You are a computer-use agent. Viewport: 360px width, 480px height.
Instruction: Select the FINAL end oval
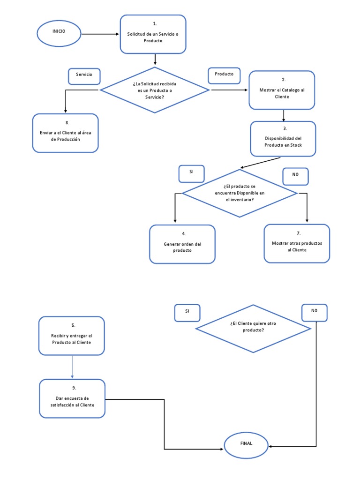246,443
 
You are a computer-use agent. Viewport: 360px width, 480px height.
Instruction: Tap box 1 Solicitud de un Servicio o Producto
153,34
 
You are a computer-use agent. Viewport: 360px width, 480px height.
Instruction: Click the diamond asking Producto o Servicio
155,90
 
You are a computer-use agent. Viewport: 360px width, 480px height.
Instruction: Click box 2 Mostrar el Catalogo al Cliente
282,90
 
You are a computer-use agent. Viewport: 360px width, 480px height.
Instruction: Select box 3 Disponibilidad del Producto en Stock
283,139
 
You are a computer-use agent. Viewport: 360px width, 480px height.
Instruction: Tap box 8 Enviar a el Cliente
66,133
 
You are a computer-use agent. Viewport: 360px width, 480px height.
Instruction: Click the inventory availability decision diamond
240,193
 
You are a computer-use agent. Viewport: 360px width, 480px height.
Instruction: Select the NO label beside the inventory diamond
295,175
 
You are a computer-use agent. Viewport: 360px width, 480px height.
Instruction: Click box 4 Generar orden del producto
182,244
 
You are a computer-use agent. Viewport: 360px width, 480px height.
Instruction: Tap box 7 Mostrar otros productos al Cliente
297,243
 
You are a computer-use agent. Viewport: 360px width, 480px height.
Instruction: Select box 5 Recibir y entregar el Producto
72,336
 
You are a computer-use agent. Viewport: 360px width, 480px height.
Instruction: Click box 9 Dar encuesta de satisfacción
72,398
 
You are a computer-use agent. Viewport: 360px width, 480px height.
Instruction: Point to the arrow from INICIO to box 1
101,34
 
